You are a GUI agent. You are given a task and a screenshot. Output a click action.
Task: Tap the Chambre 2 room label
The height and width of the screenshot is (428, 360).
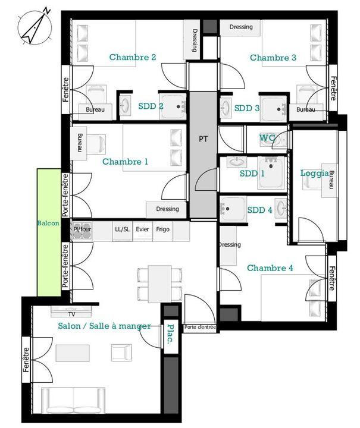tap(132, 57)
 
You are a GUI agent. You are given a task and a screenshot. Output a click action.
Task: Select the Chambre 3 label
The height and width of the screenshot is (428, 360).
tap(273, 58)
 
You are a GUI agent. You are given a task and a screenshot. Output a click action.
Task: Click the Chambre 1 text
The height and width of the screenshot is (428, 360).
tap(125, 162)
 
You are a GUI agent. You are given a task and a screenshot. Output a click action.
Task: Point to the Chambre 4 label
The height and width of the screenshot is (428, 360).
tap(270, 268)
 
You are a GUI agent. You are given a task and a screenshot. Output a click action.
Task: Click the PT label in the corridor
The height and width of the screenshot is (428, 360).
tap(204, 139)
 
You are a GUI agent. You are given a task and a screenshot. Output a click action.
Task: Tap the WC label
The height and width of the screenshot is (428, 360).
tap(267, 138)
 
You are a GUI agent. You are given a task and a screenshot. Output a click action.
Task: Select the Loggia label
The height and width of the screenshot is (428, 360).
tap(314, 173)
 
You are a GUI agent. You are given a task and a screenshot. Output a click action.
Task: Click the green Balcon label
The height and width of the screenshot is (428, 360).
tap(48, 223)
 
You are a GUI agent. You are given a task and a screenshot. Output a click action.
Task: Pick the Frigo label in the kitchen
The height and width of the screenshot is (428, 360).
tap(162, 229)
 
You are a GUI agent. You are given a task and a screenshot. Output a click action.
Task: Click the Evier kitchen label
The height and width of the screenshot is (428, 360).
tap(142, 229)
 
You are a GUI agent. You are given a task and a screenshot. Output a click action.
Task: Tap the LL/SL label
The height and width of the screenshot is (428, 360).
tap(122, 229)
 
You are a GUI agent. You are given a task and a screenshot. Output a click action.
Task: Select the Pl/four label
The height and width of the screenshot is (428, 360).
tap(82, 229)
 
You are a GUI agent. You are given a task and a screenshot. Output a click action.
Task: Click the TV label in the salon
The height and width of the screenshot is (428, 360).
tap(71, 314)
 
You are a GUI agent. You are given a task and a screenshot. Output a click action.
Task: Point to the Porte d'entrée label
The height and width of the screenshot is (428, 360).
tap(200, 328)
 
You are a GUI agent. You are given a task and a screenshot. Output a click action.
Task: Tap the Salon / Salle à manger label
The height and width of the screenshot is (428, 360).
tap(104, 326)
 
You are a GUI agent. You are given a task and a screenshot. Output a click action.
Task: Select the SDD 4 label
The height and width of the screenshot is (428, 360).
tap(259, 210)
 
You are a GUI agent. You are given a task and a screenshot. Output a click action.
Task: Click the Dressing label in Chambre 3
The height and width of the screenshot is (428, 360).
tap(240, 27)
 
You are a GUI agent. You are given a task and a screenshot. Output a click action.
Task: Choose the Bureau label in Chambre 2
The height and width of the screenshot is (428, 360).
tap(95, 110)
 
